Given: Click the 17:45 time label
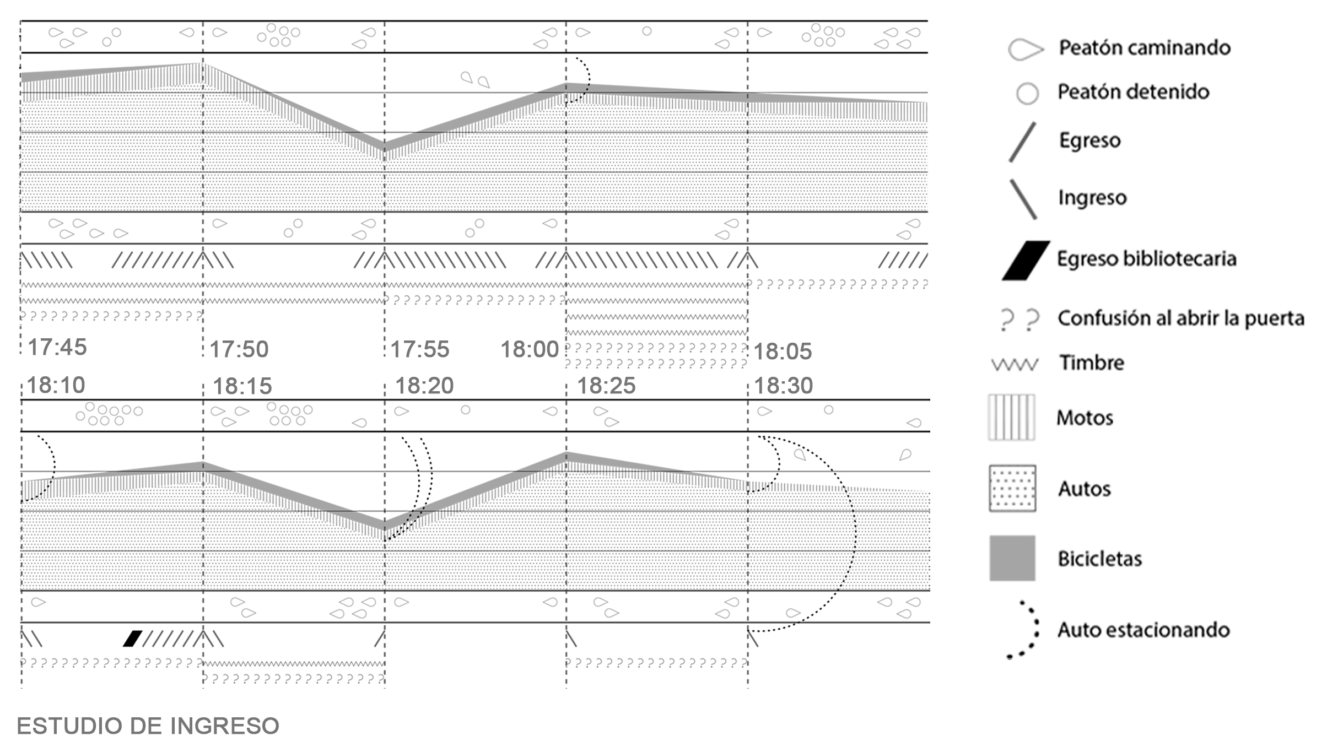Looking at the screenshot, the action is (57, 347).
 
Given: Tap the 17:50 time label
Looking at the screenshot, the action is (239, 349).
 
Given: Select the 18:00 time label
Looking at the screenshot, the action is (530, 349).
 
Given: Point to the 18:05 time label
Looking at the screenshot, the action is (783, 351).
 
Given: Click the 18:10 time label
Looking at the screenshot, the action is (56, 385).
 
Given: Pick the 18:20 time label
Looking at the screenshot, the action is (424, 386).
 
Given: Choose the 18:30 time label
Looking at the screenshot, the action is (783, 386).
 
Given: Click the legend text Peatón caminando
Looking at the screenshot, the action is (1145, 48).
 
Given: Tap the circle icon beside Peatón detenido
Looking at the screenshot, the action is (1027, 94).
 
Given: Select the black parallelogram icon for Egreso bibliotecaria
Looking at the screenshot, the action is (1026, 260).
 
